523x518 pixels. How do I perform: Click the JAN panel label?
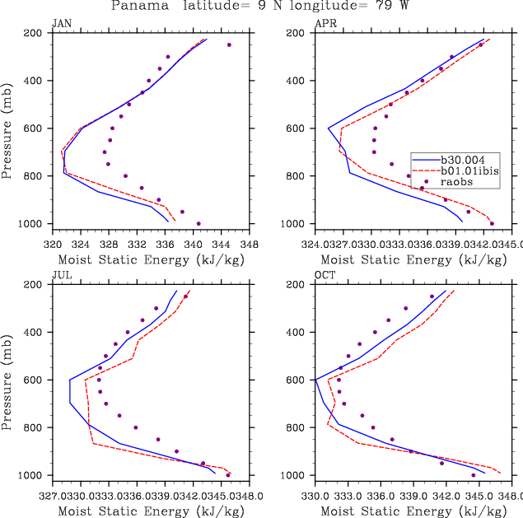[x=61, y=23]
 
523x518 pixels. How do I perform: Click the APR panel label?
[x=325, y=23]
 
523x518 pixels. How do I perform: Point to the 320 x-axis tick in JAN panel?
[x=52, y=244]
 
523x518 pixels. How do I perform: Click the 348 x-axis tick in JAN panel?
[x=250, y=244]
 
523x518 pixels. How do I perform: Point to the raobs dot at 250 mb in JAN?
[x=229, y=45]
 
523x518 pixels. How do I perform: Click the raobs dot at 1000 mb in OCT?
[x=473, y=475]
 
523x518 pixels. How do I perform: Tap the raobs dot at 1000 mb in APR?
[x=492, y=223]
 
